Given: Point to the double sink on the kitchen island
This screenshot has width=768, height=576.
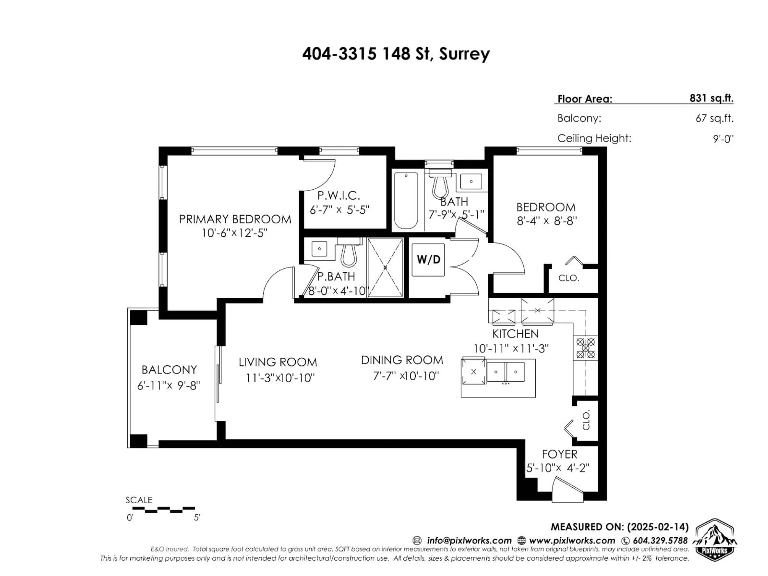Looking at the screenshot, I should pyautogui.click(x=506, y=372).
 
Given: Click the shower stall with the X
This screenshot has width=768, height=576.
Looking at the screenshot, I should pyautogui.click(x=385, y=267).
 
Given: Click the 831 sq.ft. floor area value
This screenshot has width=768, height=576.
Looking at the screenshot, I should pyautogui.click(x=711, y=99).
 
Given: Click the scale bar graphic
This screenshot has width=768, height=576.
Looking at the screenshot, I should pyautogui.click(x=164, y=510).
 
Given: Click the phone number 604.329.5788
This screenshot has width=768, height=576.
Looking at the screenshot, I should pyautogui.click(x=660, y=541).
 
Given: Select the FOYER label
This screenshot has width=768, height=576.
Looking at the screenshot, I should pyautogui.click(x=560, y=454).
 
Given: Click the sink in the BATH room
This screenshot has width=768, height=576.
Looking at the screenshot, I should pyautogui.click(x=471, y=181).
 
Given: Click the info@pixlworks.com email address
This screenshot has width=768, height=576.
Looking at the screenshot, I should pyautogui.click(x=469, y=541).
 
